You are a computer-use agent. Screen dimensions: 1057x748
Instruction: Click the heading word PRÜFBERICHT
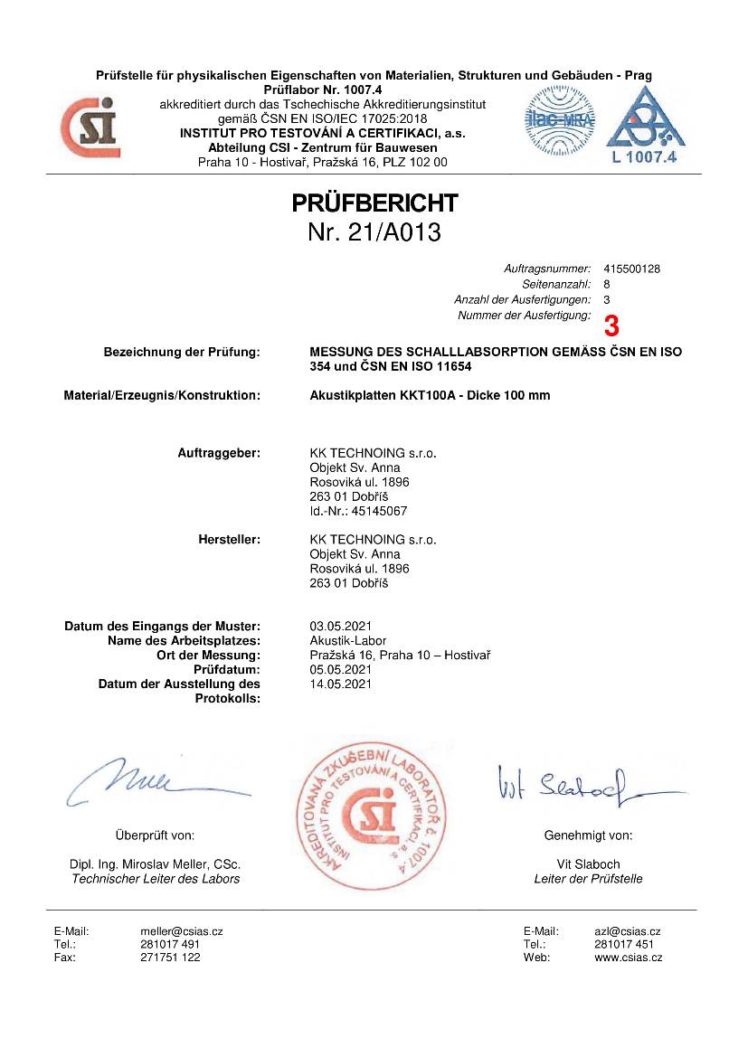coord(374,203)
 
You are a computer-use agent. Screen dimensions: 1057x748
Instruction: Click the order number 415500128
coord(631,269)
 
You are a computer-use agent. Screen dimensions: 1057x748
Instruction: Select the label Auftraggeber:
coord(219,453)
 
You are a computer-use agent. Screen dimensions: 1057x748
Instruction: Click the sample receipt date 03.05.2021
coord(340,626)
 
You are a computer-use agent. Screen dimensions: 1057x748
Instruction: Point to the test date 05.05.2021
coord(340,669)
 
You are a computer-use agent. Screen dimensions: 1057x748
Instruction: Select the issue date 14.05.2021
coord(340,684)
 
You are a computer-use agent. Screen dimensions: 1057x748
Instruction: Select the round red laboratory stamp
coord(374,812)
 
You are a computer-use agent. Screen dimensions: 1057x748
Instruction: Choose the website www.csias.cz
coord(628,958)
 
